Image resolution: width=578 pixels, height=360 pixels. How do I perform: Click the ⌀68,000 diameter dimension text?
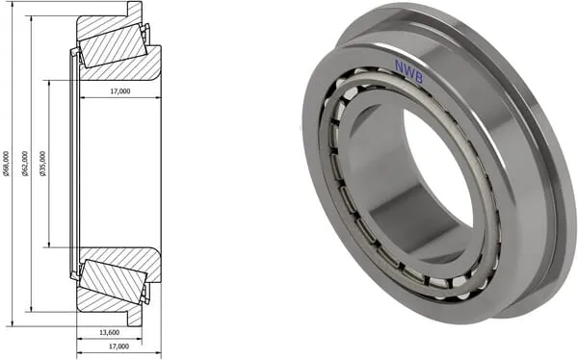click(x=7, y=164)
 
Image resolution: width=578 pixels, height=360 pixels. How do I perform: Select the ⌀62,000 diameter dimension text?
click(x=25, y=164)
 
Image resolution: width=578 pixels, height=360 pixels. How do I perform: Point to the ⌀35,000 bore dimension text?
click(x=43, y=164)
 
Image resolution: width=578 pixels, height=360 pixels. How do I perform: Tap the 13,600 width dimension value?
click(x=110, y=332)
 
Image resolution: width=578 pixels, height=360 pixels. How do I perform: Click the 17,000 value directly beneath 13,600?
click(x=119, y=347)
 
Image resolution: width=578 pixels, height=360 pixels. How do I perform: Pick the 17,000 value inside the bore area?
click(x=120, y=91)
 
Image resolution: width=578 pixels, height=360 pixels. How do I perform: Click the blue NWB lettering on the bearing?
click(x=408, y=71)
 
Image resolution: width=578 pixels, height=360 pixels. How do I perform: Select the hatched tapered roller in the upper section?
click(x=114, y=47)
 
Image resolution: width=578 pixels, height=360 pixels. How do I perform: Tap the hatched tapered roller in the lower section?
click(x=114, y=279)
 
